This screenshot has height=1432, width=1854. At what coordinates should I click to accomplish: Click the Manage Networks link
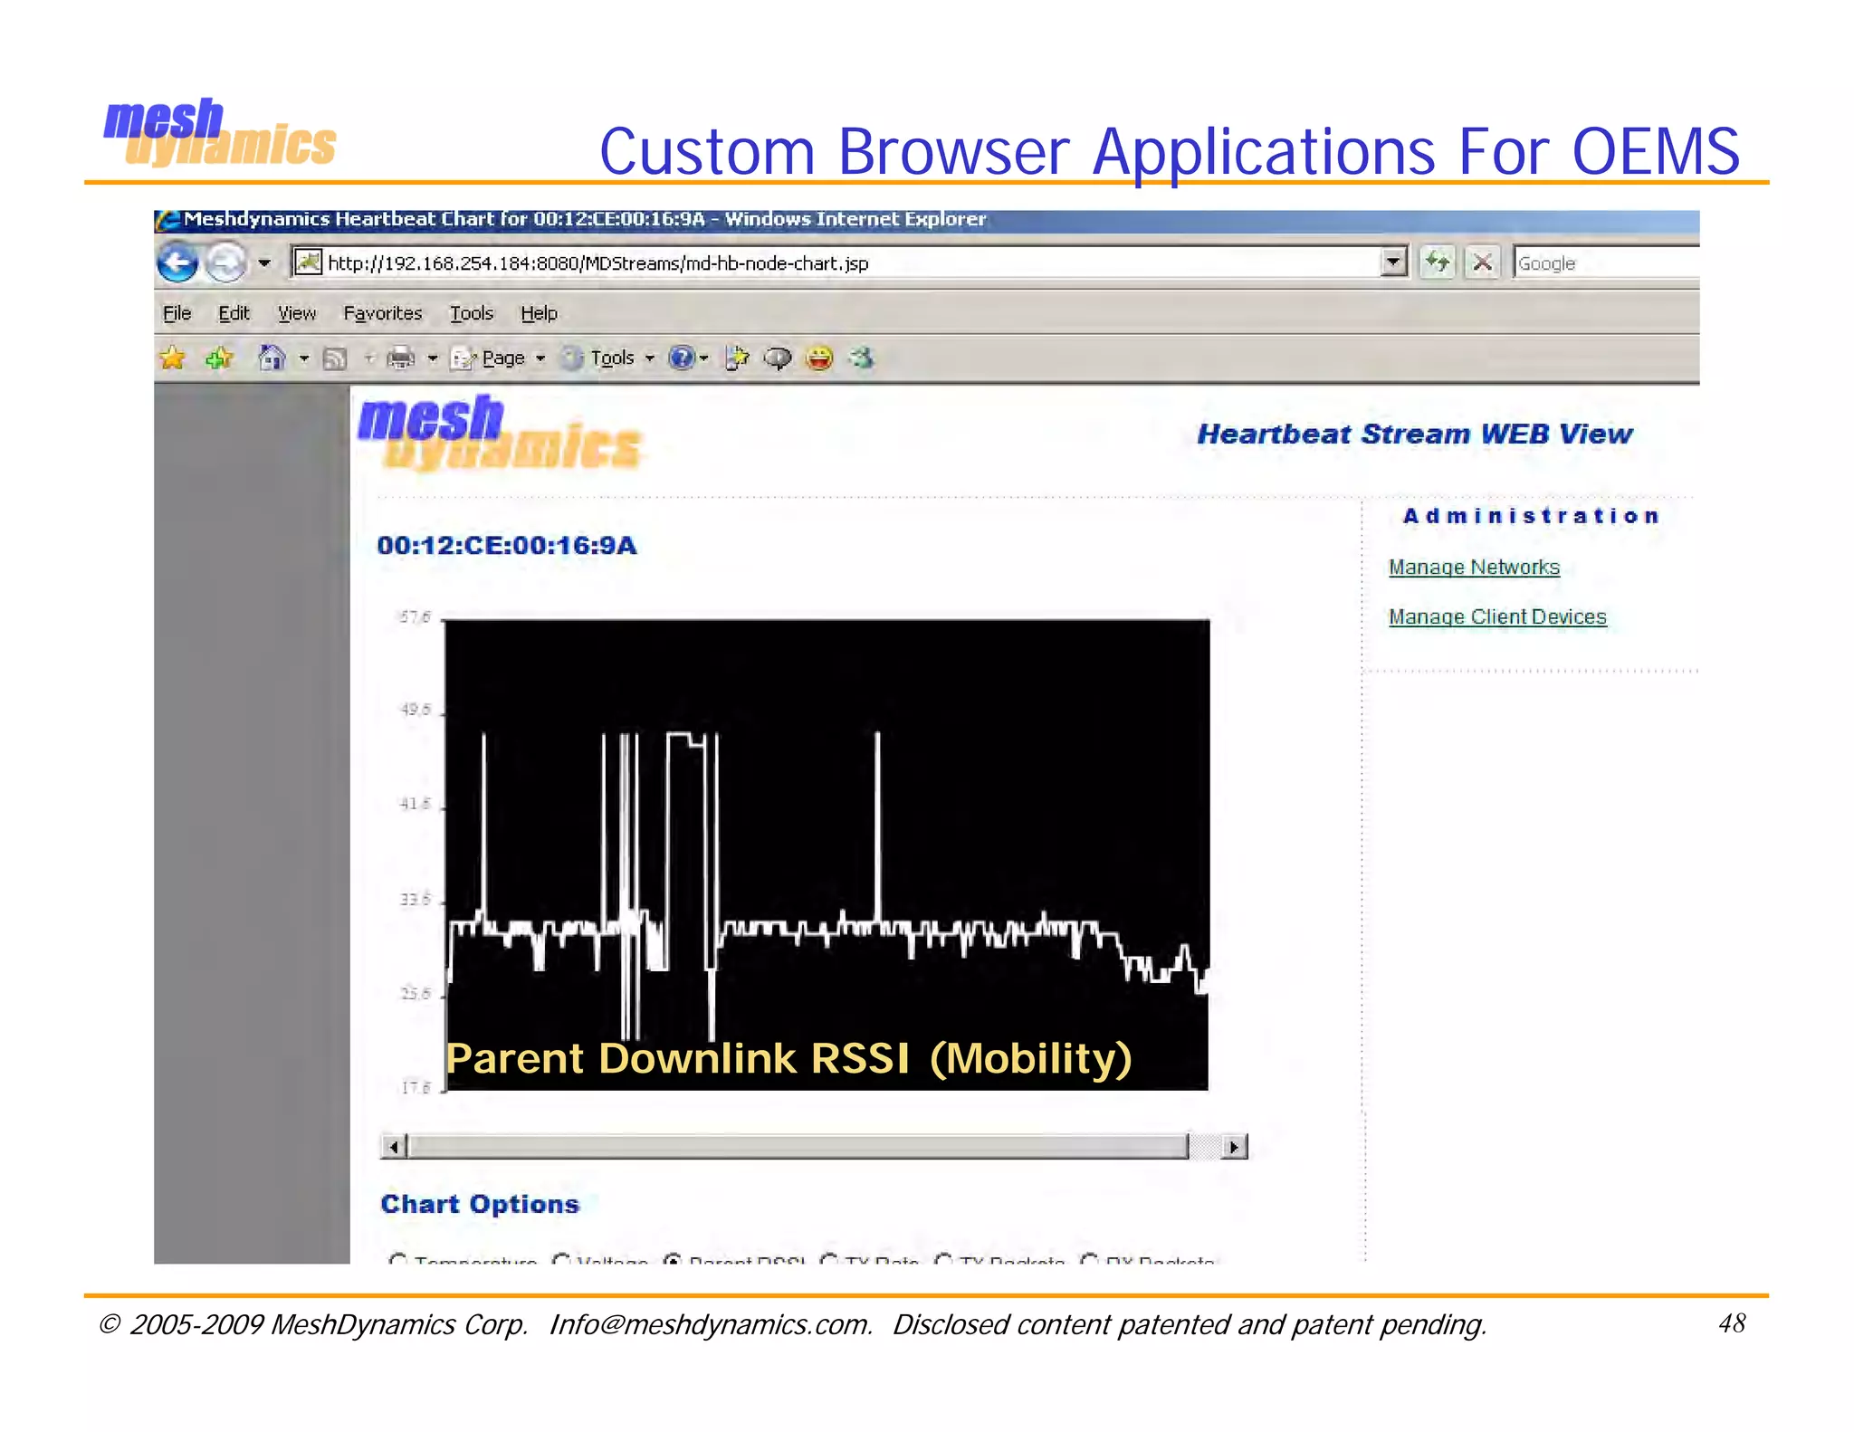(1474, 568)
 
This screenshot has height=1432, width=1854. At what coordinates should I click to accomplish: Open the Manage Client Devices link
(1497, 617)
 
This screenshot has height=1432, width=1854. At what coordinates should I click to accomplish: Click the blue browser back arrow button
(177, 263)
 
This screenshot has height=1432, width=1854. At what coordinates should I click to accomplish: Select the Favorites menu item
(382, 313)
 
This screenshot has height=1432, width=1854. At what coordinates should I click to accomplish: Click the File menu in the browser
(177, 313)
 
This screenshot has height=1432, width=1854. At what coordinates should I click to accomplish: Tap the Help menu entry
(539, 313)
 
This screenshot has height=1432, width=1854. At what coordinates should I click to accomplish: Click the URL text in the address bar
(597, 263)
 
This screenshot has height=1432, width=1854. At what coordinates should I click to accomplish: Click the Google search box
(1602, 263)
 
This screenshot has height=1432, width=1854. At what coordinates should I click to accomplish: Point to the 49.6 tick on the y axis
(416, 710)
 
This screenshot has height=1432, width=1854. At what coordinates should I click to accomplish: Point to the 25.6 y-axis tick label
(416, 994)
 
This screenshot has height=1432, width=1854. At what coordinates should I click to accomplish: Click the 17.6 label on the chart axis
(416, 1088)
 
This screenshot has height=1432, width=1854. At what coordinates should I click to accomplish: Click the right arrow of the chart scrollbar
(1234, 1147)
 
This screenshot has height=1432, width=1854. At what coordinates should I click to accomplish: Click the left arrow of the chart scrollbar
(394, 1147)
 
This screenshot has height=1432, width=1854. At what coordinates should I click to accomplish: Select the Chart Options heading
(479, 1204)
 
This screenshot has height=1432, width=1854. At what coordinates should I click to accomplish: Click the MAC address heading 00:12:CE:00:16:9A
(507, 546)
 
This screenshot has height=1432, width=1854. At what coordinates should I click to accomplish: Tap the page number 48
(1731, 1323)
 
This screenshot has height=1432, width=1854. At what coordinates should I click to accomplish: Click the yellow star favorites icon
(172, 358)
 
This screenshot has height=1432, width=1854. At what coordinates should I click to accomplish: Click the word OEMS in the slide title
(1655, 151)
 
